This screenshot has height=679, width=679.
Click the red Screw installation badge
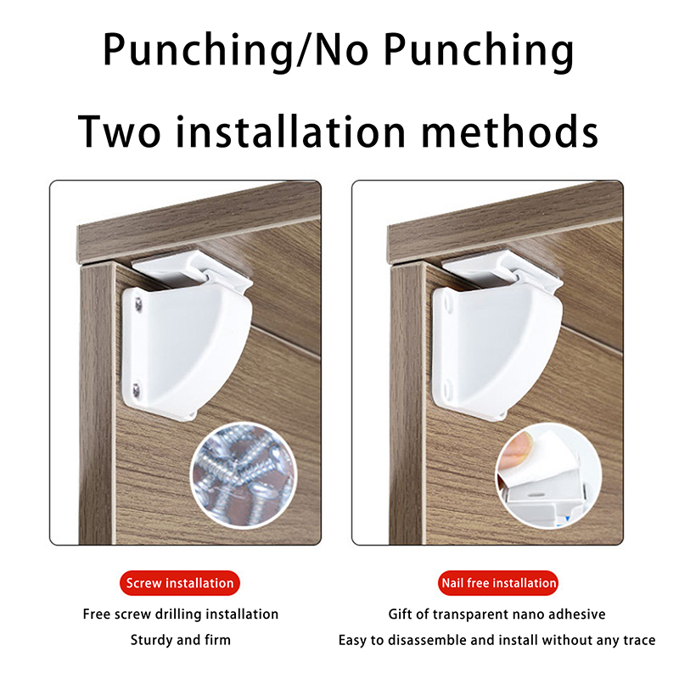180,583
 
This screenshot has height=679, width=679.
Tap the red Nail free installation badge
498,583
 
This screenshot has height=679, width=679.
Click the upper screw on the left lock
138,305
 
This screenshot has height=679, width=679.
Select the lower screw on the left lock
137,389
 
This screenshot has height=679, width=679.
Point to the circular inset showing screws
244,475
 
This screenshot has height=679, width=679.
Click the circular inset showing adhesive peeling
548,475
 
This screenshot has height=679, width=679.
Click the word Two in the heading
119,132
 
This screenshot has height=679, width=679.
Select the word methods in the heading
510,131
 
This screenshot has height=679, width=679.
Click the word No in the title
342,50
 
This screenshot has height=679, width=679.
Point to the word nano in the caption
526,614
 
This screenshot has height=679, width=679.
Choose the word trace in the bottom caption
639,640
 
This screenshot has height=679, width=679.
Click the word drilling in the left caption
178,614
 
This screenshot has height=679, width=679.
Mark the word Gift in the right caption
399,614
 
